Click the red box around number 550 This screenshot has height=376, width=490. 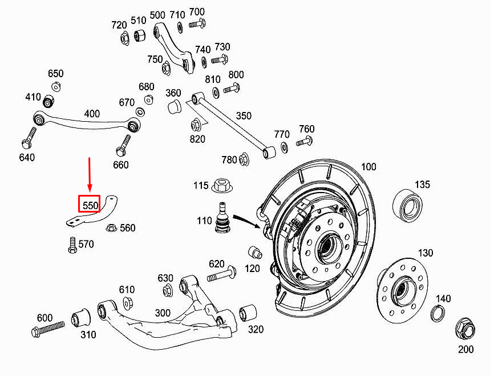(x=89, y=204)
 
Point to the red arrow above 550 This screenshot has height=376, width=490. (x=90, y=174)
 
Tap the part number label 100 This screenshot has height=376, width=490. (x=368, y=166)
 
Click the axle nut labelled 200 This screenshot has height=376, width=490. (x=465, y=330)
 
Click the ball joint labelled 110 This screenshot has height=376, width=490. (x=223, y=218)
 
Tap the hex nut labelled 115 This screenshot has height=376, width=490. (x=222, y=185)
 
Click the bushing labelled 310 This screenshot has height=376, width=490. (x=81, y=318)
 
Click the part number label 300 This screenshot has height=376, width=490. (x=163, y=313)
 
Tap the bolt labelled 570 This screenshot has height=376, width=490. (x=72, y=245)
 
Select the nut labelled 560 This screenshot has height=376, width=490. (x=111, y=227)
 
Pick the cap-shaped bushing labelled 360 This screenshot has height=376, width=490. (x=175, y=107)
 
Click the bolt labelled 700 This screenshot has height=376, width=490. (x=197, y=23)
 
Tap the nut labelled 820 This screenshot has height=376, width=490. (x=196, y=125)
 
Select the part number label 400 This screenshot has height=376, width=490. (x=92, y=113)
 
